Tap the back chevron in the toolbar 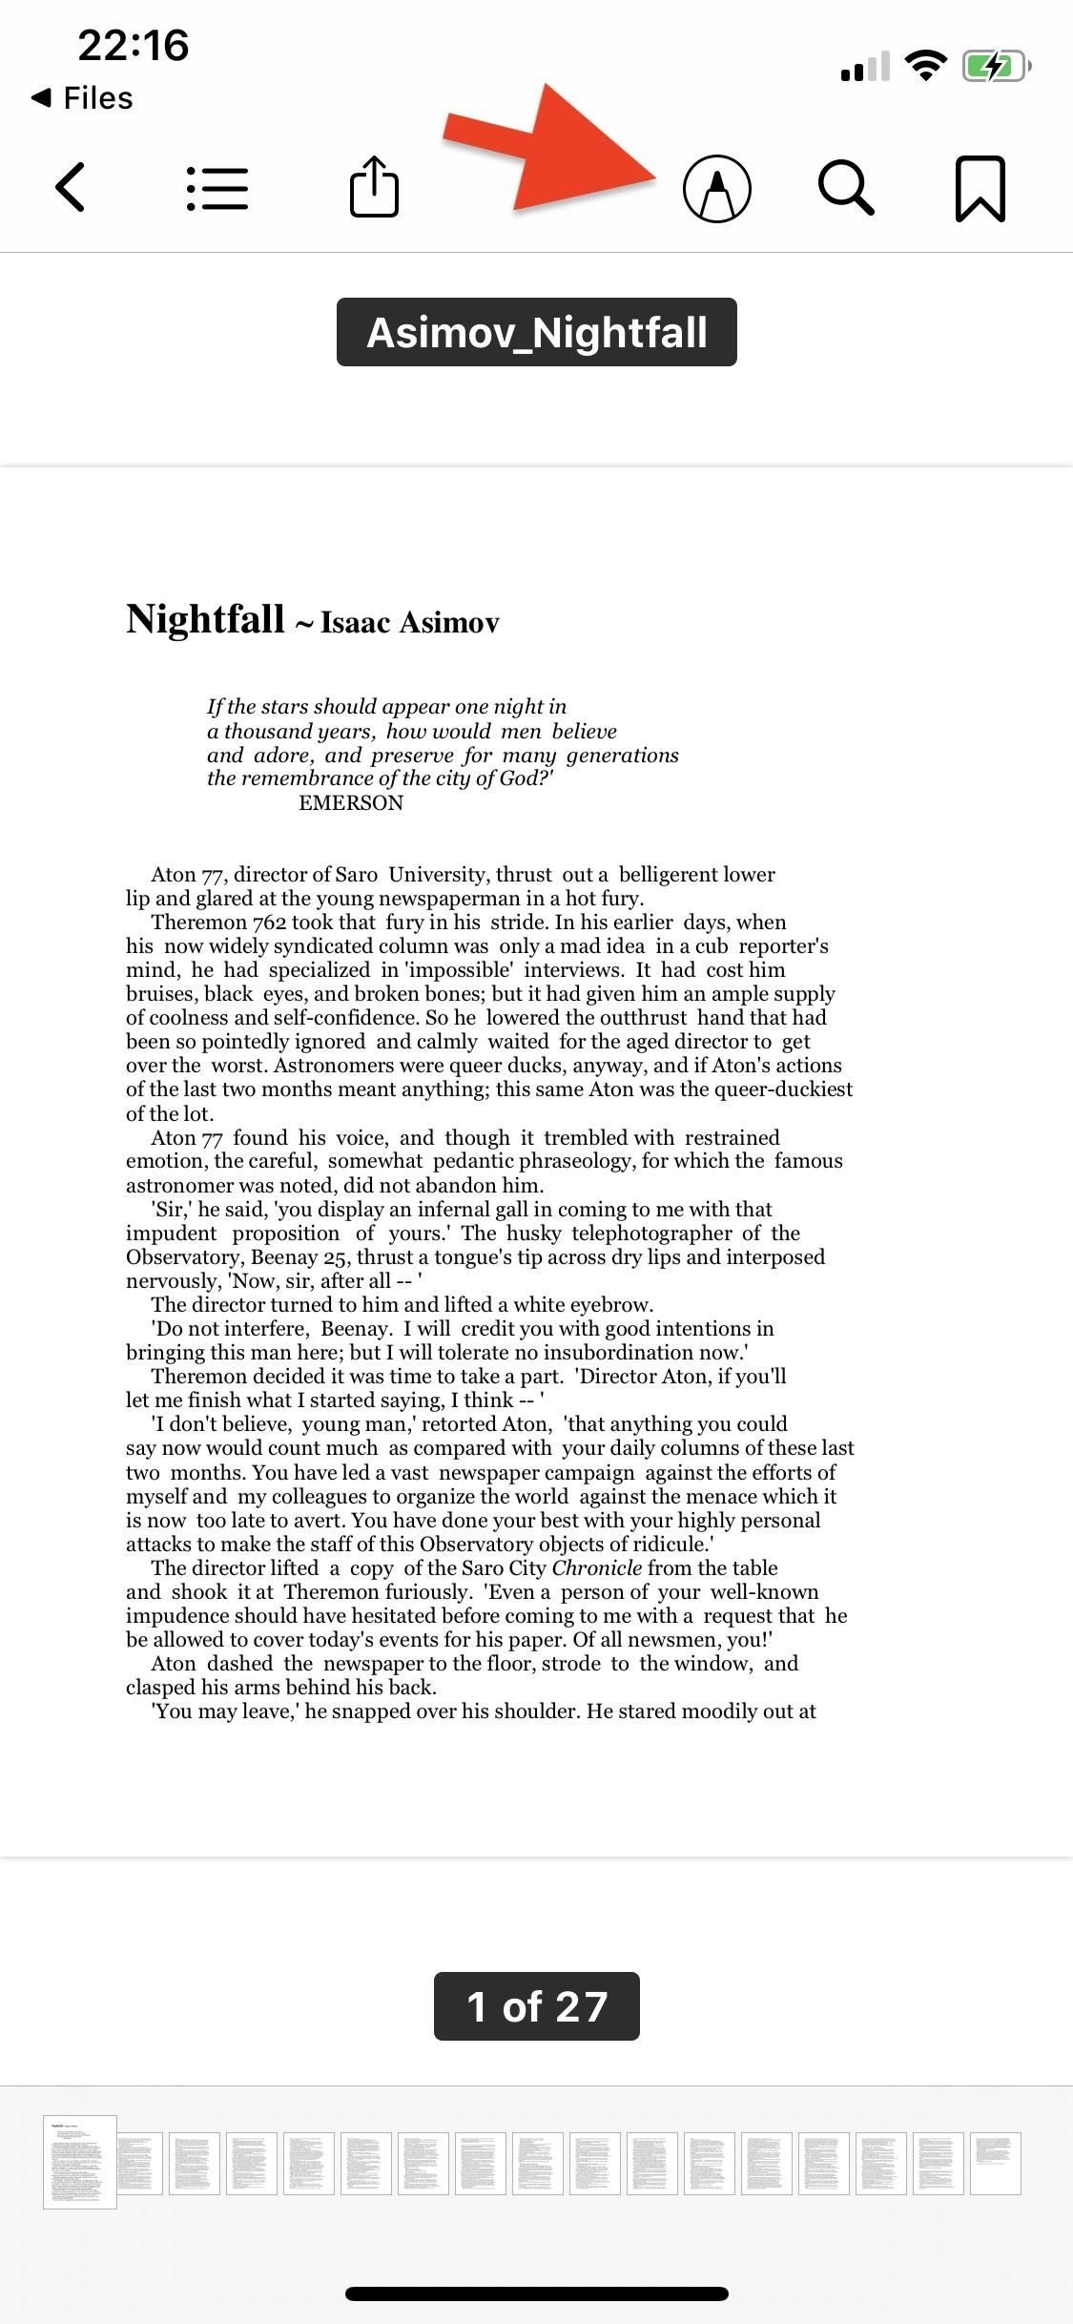(72, 187)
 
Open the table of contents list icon (217, 188)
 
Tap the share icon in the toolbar (374, 186)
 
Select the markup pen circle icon (717, 188)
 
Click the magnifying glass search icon (846, 188)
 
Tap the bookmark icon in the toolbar (980, 189)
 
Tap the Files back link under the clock (83, 98)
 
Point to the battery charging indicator (996, 66)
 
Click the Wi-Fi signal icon (924, 65)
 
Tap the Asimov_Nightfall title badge (536, 332)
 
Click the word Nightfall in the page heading (205, 619)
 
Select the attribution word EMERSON (351, 803)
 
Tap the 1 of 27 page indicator (536, 2006)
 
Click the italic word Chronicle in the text (597, 1568)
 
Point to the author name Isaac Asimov (410, 622)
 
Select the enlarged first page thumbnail (79, 2162)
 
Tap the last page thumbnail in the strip (995, 2163)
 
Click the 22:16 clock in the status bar (134, 45)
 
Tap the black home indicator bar (536, 2293)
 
